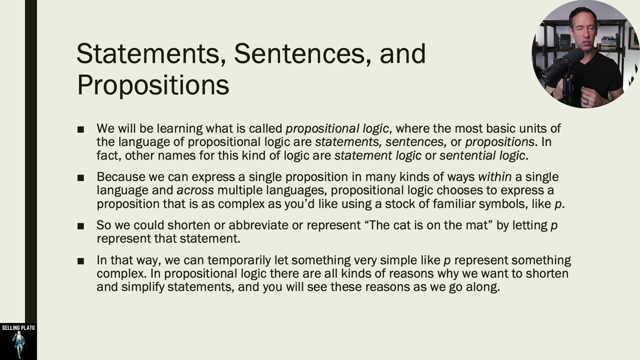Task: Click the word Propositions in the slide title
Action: (153, 85)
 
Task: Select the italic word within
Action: (494, 177)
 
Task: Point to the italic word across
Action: (195, 190)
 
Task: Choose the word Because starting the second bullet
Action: (120, 177)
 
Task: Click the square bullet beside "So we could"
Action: (81, 226)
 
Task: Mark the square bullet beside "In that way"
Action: (81, 261)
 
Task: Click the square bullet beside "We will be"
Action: (81, 129)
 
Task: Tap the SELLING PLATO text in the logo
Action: (18, 328)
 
